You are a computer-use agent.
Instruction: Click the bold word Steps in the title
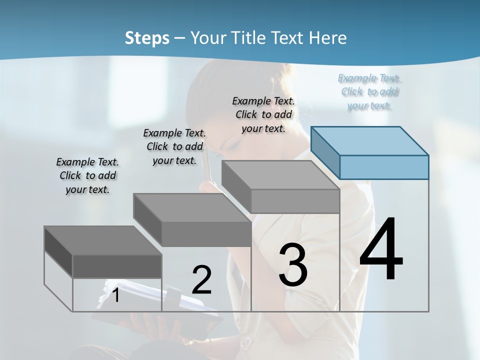click(147, 38)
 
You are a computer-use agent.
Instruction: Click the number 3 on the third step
click(293, 265)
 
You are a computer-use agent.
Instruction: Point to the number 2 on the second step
click(201, 280)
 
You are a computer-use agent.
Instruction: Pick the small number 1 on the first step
click(116, 295)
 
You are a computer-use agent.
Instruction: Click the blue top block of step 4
click(383, 166)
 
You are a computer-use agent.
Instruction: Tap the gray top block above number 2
click(206, 233)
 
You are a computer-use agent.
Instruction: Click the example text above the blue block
click(369, 91)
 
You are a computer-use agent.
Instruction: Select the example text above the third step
click(263, 114)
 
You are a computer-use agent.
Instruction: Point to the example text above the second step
click(174, 146)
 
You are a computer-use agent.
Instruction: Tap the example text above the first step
click(87, 175)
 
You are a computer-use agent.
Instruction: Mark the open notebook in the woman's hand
click(150, 305)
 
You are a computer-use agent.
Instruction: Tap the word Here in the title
click(330, 38)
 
